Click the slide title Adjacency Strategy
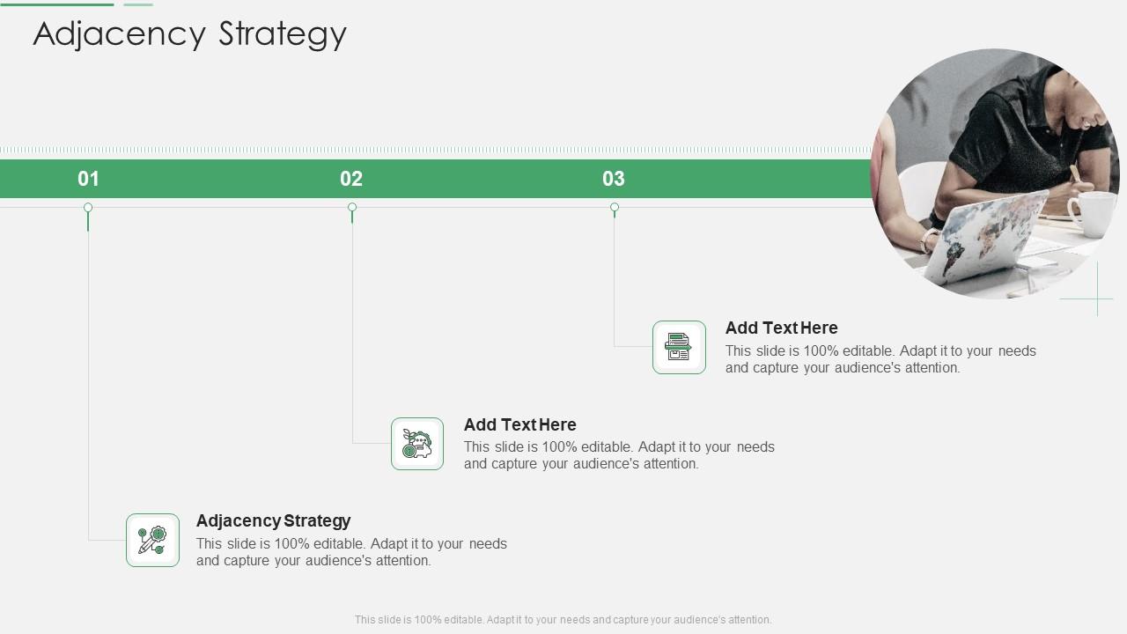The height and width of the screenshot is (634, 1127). (x=189, y=34)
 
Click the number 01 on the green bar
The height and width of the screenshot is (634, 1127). (x=88, y=179)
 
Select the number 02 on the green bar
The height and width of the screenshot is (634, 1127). (x=351, y=179)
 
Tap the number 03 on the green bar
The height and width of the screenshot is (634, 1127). (x=614, y=179)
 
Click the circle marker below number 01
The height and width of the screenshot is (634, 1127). (x=88, y=208)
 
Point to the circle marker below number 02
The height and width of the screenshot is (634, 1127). (x=352, y=208)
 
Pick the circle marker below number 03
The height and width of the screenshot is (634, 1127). (x=615, y=208)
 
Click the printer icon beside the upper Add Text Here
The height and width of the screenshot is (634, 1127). (x=679, y=347)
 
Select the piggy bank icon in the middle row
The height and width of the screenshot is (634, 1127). (x=417, y=444)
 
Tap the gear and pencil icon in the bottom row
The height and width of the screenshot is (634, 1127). (x=152, y=540)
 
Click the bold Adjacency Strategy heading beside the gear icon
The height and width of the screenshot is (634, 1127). (x=273, y=520)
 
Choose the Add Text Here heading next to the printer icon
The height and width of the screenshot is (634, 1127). (x=781, y=328)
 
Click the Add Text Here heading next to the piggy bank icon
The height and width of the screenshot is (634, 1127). (x=519, y=424)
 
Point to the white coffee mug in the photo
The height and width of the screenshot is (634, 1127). (x=1092, y=214)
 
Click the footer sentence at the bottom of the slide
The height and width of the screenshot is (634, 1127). (x=563, y=620)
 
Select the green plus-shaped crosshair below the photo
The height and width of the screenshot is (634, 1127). (x=1097, y=299)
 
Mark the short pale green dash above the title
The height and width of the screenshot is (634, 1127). (x=138, y=4)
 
